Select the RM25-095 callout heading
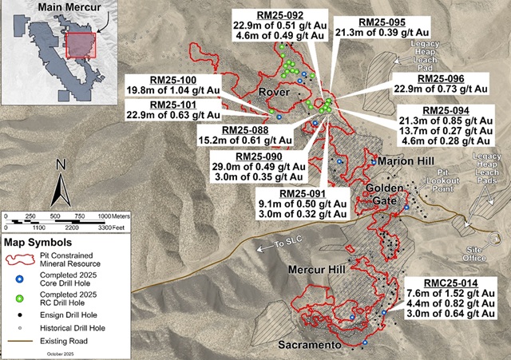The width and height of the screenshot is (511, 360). point(370,22)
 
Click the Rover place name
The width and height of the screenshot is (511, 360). point(273,94)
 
